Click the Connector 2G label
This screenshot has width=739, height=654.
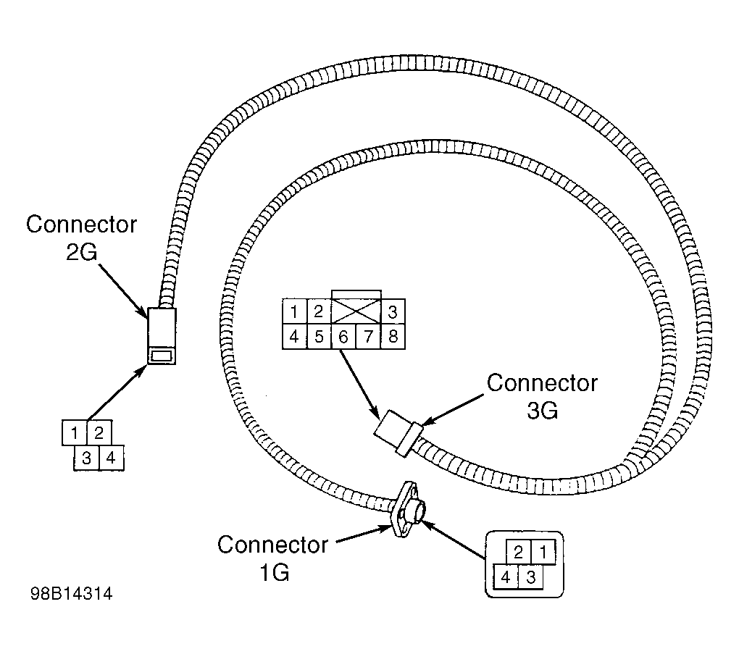[81, 238]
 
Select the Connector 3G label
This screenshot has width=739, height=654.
[542, 397]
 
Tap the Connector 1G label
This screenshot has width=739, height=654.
[272, 558]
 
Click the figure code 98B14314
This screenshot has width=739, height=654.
[72, 594]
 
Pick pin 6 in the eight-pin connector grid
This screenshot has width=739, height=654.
[343, 337]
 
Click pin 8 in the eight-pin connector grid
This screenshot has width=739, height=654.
[393, 337]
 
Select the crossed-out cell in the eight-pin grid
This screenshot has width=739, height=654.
[356, 311]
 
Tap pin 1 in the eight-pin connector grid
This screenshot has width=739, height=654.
[294, 311]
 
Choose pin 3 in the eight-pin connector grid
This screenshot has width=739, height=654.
[393, 311]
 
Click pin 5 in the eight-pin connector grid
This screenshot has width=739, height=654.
[319, 337]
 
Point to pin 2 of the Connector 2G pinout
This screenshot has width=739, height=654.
[99, 432]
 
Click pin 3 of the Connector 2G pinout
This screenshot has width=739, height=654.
[86, 458]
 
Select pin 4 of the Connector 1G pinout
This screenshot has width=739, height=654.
[506, 577]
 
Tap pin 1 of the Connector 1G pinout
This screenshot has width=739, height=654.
[543, 552]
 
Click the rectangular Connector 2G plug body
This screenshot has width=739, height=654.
[162, 336]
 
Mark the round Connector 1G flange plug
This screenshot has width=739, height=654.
[408, 509]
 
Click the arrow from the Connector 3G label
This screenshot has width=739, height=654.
[451, 409]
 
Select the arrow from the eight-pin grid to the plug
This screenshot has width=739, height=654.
[359, 384]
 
